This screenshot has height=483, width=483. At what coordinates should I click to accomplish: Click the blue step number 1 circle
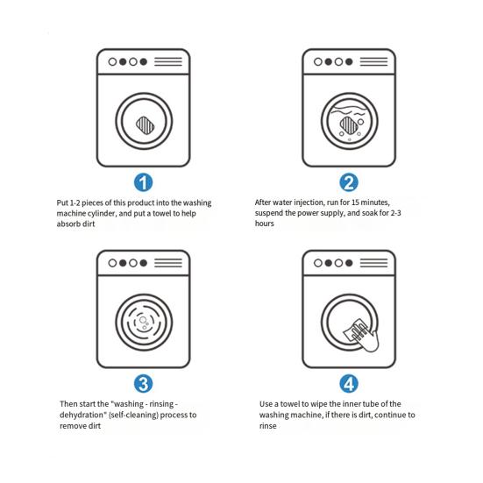click(x=143, y=182)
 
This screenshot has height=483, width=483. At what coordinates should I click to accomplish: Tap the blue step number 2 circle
click(x=349, y=182)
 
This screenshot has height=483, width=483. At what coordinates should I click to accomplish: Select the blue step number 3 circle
click(x=143, y=384)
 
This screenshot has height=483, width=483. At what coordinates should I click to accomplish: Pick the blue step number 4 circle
click(x=349, y=384)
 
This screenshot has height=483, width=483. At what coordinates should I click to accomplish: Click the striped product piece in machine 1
click(x=146, y=125)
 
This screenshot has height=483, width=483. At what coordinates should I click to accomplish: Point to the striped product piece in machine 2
click(x=349, y=125)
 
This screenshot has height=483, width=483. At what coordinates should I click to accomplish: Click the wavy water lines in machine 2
click(x=349, y=110)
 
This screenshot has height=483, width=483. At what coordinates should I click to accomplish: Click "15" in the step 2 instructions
click(x=355, y=202)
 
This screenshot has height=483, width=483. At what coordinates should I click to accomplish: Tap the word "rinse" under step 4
click(x=267, y=426)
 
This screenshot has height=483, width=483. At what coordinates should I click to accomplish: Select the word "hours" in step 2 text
click(x=265, y=224)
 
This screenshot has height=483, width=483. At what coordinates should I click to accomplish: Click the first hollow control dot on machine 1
click(x=112, y=62)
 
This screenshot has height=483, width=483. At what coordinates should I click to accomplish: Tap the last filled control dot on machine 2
click(x=349, y=62)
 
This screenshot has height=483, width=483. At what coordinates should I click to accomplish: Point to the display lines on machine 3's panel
click(x=168, y=263)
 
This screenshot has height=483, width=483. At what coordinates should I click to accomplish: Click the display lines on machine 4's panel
click(x=373, y=263)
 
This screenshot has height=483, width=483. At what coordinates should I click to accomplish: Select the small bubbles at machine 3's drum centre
click(x=144, y=322)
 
